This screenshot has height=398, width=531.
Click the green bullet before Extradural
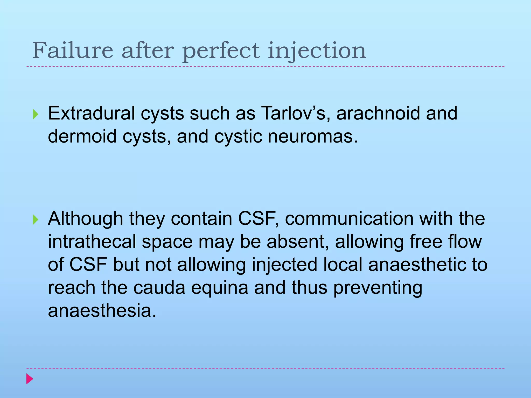click(x=36, y=114)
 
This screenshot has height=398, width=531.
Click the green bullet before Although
click(x=36, y=220)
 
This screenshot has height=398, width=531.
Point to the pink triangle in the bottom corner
click(x=30, y=379)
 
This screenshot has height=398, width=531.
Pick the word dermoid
click(x=82, y=136)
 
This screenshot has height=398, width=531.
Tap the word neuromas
click(x=312, y=136)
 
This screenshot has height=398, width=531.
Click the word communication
click(x=349, y=218)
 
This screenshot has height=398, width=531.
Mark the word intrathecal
click(x=92, y=241)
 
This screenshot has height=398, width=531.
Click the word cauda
click(x=159, y=288)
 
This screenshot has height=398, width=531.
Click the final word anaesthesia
click(x=102, y=311)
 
